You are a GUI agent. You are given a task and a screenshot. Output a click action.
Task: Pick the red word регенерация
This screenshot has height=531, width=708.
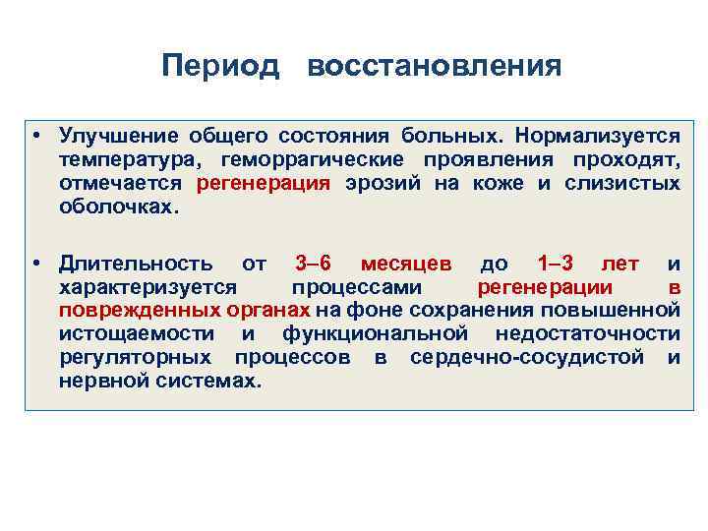(x=264, y=183)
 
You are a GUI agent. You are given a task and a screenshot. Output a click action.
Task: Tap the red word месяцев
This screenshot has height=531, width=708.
(x=406, y=264)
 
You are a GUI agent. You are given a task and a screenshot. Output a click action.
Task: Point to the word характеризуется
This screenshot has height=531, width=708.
(x=147, y=287)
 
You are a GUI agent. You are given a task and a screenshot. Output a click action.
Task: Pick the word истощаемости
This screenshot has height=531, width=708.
(x=132, y=334)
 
